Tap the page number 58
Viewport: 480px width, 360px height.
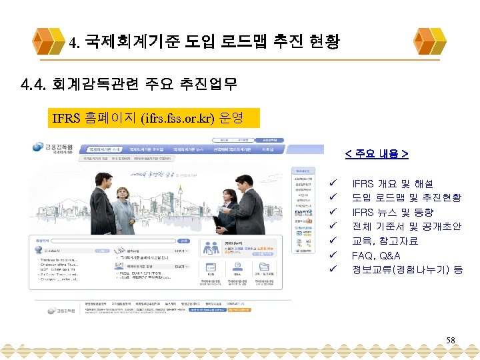451,341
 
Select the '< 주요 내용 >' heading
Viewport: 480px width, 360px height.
377,154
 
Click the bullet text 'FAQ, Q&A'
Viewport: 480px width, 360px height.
376,255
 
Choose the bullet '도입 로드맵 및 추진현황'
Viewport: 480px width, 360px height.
407,198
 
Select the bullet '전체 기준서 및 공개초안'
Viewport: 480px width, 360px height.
407,227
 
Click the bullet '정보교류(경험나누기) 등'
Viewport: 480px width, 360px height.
407,270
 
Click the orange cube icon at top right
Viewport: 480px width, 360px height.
427,41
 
